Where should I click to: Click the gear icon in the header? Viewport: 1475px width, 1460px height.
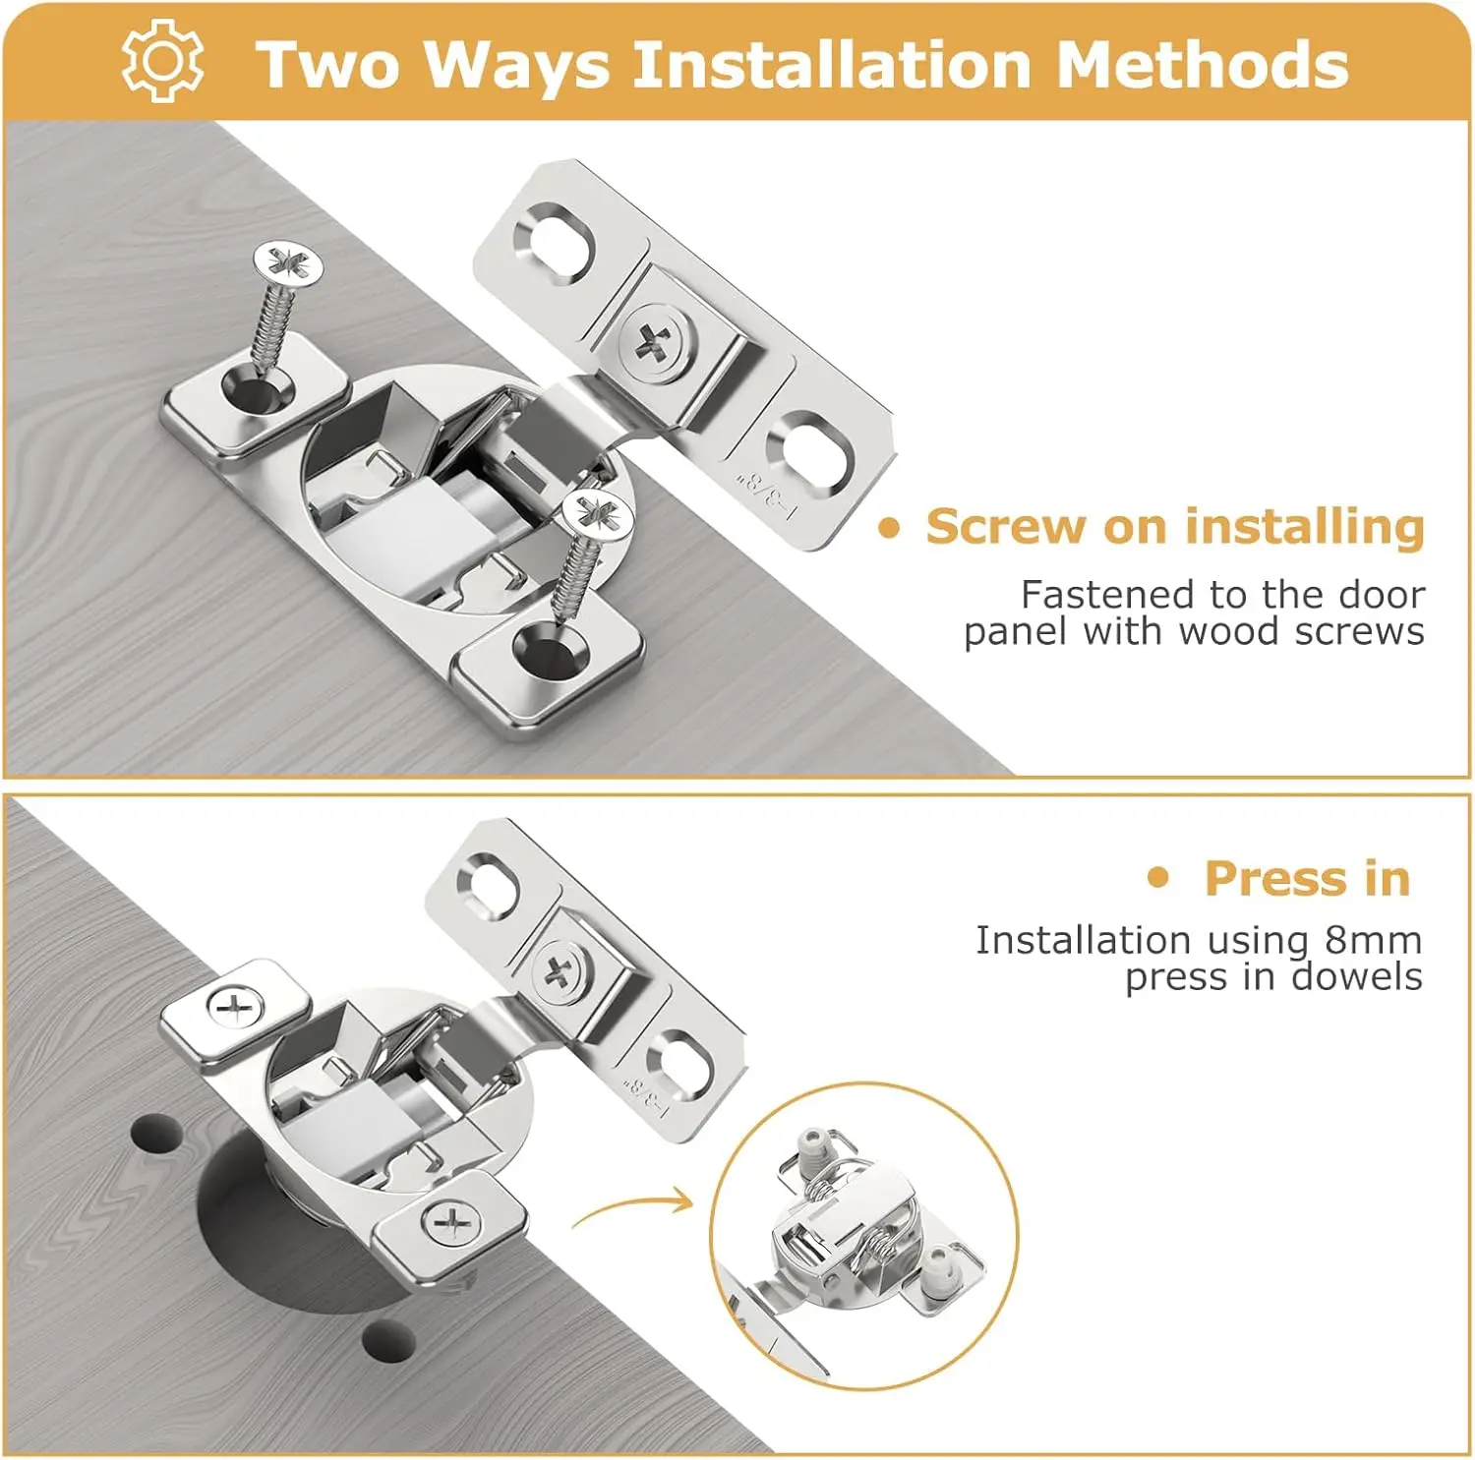[x=163, y=61]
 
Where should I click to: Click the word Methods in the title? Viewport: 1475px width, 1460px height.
[x=1202, y=65]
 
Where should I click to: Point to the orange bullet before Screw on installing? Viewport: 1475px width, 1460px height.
[x=889, y=529]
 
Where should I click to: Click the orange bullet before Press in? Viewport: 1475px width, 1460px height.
[x=1159, y=877]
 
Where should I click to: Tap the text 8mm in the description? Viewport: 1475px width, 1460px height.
[x=1373, y=940]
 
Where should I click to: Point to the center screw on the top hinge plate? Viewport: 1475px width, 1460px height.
[x=653, y=343]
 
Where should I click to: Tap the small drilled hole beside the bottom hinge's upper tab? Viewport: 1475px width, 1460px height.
[x=155, y=1134]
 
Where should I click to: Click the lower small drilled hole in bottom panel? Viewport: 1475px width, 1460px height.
[x=388, y=1340]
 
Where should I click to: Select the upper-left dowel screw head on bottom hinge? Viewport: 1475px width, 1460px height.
[x=236, y=1007]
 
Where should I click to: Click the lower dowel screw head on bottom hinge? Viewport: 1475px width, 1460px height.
[x=451, y=1223]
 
